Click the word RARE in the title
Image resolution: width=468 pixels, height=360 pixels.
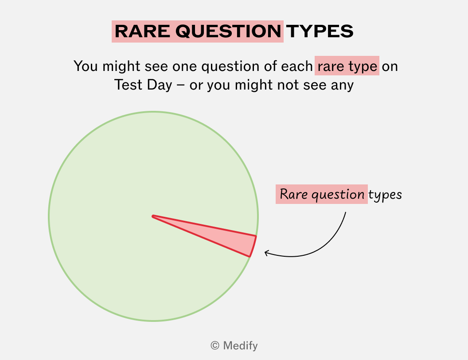pyautogui.click(x=142, y=31)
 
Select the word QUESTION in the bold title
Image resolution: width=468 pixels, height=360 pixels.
pyautogui.click(x=228, y=31)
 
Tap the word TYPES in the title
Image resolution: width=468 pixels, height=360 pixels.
pyautogui.click(x=320, y=31)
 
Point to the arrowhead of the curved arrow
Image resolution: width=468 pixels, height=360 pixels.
pyautogui.click(x=266, y=253)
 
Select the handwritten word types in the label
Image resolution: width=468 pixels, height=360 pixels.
pyautogui.click(x=385, y=195)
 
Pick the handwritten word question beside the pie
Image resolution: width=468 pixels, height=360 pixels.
pyautogui.click(x=338, y=195)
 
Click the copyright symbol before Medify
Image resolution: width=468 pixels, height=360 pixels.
pyautogui.click(x=215, y=346)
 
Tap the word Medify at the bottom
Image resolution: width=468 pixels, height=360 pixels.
pyautogui.click(x=240, y=346)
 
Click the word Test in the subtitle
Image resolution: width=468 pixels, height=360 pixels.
pyautogui.click(x=128, y=85)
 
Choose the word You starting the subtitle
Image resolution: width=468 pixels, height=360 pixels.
pyautogui.click(x=86, y=66)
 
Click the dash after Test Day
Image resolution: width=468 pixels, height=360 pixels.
pyautogui.click(x=180, y=86)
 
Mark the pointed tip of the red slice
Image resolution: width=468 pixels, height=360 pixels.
pyautogui.click(x=153, y=216)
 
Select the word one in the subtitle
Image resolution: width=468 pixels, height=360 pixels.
pyautogui.click(x=185, y=67)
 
